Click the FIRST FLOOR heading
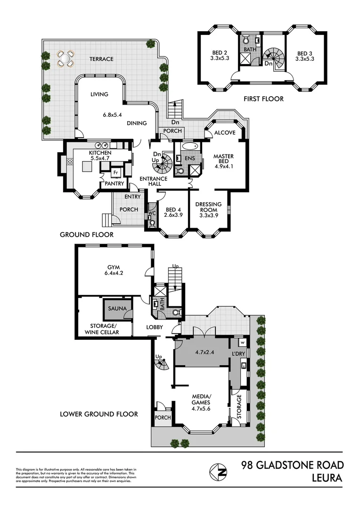[x=263, y=99]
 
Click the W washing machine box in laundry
[x=242, y=343]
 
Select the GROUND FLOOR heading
[x=87, y=234]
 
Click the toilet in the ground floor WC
[x=151, y=224]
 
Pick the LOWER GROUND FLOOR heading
[x=99, y=414]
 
